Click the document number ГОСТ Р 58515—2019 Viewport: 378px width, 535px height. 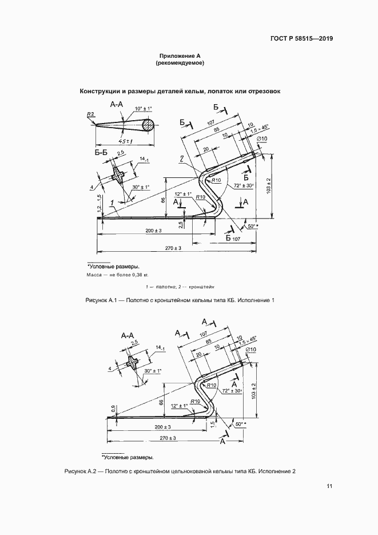click(x=301, y=38)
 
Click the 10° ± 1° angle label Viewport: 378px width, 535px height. click(x=143, y=109)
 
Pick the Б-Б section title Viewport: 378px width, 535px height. click(x=101, y=153)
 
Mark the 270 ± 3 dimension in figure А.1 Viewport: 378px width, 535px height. click(x=173, y=248)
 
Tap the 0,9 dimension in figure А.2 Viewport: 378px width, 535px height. click(x=113, y=409)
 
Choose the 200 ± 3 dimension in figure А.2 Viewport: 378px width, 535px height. click(x=162, y=427)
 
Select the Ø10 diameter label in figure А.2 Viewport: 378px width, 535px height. click(x=250, y=350)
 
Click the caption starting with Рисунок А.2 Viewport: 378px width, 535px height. click(x=180, y=471)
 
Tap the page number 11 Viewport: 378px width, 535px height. click(x=329, y=486)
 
